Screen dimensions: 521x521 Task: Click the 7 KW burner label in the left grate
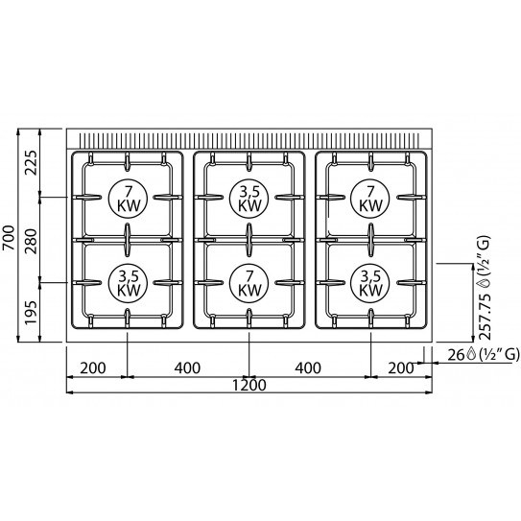click(x=127, y=197)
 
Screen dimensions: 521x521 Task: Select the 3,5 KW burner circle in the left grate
click(x=127, y=281)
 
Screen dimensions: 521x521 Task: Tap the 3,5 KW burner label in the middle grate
click(x=249, y=197)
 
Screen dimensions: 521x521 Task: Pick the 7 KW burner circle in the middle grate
click(x=249, y=281)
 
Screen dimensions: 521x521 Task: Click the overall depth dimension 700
click(x=9, y=236)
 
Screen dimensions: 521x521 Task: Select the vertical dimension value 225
click(x=29, y=162)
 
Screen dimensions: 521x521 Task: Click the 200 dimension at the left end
click(x=96, y=366)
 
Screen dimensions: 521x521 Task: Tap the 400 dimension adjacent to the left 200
click(x=187, y=366)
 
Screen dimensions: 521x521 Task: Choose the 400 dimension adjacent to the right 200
click(x=309, y=366)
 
